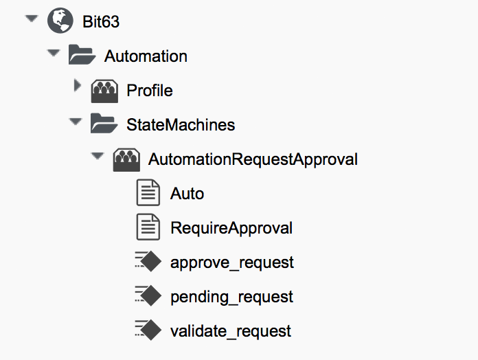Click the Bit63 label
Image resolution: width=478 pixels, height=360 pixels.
click(100, 22)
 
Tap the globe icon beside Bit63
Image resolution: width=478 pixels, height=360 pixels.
click(60, 21)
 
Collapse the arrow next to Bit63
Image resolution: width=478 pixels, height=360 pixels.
click(30, 19)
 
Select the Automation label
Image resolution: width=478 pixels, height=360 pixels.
click(146, 56)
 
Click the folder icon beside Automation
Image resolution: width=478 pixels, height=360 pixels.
click(82, 56)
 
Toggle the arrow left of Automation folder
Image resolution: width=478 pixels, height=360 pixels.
click(54, 54)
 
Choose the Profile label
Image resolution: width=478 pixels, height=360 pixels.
click(150, 91)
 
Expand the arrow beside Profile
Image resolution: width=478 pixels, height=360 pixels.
click(77, 87)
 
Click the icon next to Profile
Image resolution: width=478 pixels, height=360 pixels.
click(104, 91)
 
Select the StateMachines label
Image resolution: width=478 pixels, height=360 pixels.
click(181, 125)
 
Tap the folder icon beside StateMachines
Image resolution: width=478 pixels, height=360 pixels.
click(104, 124)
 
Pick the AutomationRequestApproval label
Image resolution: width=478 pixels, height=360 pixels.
click(253, 159)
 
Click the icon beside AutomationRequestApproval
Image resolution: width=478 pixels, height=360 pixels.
click(126, 159)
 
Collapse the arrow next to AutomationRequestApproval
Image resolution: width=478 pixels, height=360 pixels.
click(98, 157)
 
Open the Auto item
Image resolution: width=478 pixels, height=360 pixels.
click(187, 194)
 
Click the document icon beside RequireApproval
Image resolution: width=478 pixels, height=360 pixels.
click(148, 227)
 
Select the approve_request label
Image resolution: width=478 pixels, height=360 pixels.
click(232, 262)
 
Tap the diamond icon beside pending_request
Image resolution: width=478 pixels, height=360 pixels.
click(148, 296)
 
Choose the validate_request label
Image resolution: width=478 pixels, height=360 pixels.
click(231, 331)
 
